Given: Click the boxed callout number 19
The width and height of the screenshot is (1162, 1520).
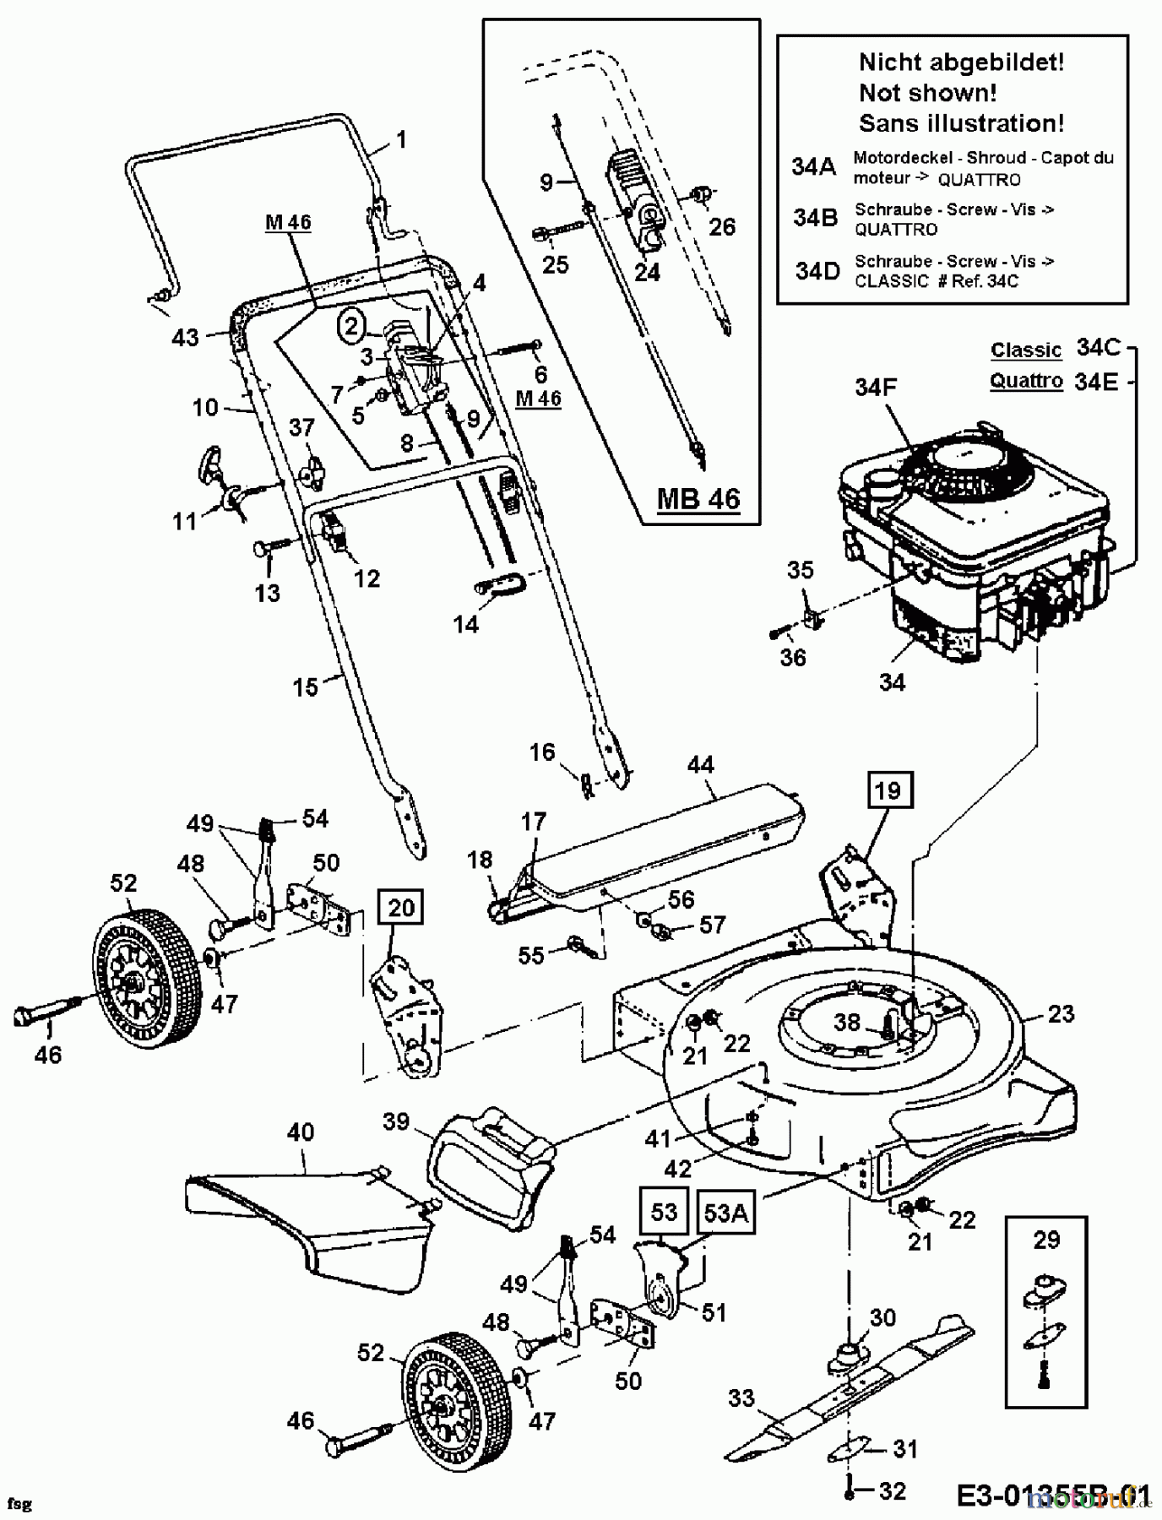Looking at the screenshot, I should [x=887, y=791].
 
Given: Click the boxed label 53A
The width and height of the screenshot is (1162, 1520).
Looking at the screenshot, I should [x=726, y=1212].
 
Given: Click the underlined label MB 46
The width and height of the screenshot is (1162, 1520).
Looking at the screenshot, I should [x=698, y=498].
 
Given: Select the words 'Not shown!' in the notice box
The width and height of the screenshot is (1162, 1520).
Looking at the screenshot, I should [x=927, y=92].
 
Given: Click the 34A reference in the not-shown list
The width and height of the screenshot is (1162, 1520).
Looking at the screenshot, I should [x=813, y=166].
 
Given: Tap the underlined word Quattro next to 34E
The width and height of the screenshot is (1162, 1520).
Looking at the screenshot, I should [x=1025, y=381].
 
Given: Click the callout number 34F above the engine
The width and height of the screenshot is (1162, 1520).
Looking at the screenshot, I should [x=876, y=388].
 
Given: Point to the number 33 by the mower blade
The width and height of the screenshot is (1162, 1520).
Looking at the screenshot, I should [x=741, y=1398].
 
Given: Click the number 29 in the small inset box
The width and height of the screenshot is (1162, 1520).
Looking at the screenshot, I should [x=1046, y=1240].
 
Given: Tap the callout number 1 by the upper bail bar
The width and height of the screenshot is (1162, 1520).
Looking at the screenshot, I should [x=401, y=138].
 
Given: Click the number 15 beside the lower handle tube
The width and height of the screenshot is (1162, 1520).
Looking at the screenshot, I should [x=305, y=687].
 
